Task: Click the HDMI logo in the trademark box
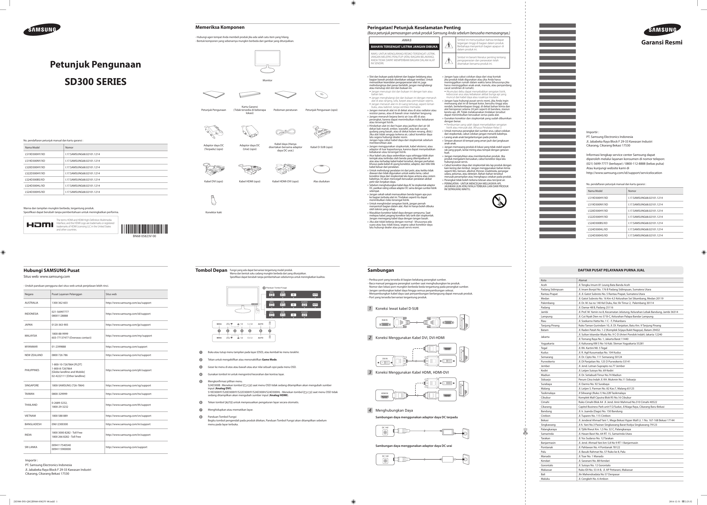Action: click(40, 225)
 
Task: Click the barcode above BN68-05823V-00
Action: click(144, 229)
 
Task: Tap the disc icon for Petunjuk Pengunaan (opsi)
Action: click(321, 95)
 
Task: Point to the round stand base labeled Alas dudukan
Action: click(321, 169)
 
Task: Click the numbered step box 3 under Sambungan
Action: click(370, 372)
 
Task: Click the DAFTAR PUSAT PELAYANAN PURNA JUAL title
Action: click(611, 270)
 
